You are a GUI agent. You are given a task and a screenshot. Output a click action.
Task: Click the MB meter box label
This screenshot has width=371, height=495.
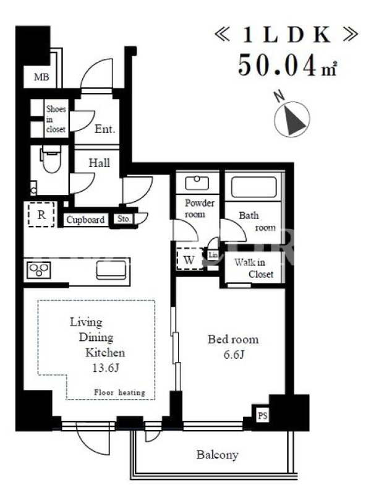pos(41,77)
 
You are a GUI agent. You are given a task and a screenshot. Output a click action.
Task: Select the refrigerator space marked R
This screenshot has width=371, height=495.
pos(41,214)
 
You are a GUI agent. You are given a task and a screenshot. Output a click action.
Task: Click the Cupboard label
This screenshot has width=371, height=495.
pos(85,220)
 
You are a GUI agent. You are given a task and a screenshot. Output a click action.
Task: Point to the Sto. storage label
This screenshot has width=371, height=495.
pos(124,219)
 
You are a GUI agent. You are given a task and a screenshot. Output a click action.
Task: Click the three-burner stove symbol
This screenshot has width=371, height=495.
pos(39,270)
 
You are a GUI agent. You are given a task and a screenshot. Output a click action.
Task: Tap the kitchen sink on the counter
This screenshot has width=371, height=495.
pos(111,270)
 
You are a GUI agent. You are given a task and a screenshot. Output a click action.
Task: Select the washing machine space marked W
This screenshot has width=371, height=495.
pos(189,259)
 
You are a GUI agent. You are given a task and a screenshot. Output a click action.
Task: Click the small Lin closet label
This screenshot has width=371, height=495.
pos(213,254)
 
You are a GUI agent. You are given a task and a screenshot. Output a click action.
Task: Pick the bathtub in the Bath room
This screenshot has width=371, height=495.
pos(254,187)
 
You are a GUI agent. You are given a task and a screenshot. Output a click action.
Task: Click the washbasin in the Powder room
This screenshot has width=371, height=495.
pos(197,183)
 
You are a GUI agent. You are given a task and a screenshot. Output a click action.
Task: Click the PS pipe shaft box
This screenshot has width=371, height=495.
pos(263,415)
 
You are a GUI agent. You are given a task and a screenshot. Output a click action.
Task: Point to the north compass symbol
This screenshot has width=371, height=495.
pos(292,119)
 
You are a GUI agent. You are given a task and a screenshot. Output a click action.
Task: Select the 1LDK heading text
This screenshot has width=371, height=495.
pos(286,35)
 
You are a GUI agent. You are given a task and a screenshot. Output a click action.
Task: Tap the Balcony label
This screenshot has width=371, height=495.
pos(218,455)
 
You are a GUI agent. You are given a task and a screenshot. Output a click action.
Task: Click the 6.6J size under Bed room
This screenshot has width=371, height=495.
pos(234,355)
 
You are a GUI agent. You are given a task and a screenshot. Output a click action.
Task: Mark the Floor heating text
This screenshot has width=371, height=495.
pos(119,392)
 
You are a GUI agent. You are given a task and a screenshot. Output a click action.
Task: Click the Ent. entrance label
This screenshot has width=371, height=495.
pos(105,129)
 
